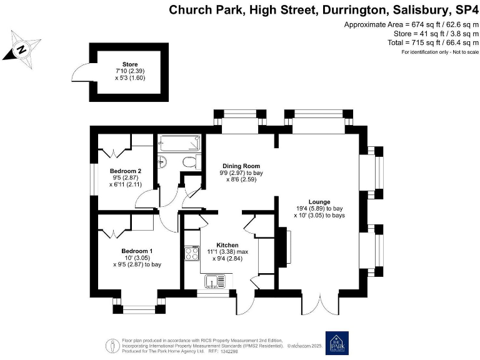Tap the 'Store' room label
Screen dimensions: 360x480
pos(130,64)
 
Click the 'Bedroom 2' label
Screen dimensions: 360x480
pos(126,171)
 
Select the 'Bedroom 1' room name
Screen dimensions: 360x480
pos(137,251)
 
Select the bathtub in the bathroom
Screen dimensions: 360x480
pos(179,142)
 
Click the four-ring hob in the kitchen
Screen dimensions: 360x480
pos(190,254)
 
